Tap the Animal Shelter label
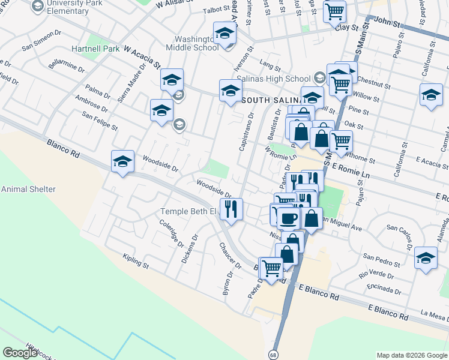tap(28, 189)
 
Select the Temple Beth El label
tap(187, 211)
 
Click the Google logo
tap(20, 353)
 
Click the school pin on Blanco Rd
tap(122, 161)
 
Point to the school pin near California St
tap(431, 95)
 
